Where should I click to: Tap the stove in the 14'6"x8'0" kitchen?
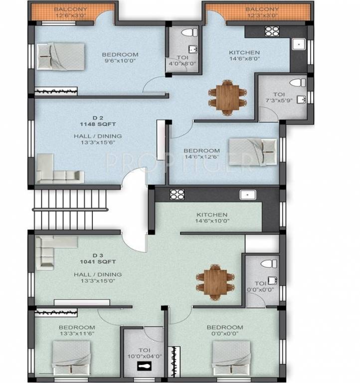271,31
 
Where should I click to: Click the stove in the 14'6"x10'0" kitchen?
177,194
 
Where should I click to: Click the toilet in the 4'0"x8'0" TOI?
187,33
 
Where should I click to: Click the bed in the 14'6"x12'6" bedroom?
253,150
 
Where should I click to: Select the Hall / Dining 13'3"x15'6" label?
97,139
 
